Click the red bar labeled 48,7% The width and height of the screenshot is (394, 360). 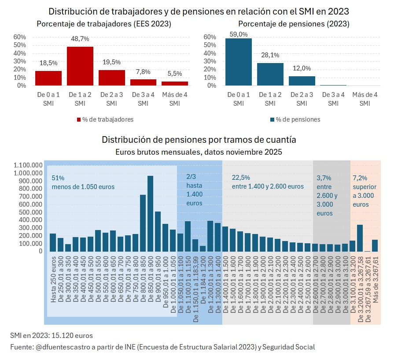80,66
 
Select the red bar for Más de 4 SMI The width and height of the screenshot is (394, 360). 175,83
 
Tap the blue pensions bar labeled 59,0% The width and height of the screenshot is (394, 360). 239,62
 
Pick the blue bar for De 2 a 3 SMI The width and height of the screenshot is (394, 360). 302,81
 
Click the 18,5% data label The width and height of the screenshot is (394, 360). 48,63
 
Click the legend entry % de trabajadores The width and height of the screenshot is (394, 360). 105,119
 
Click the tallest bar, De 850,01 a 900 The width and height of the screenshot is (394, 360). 150,213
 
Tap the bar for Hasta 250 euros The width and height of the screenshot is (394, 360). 53,242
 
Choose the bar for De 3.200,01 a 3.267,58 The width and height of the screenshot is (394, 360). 360,238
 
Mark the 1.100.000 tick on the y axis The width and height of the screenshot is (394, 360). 28,165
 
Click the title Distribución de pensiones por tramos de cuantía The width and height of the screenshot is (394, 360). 199,140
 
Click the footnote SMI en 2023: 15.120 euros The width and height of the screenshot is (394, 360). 51,336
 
